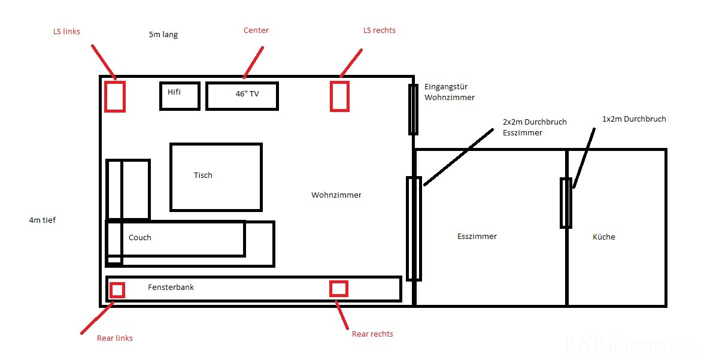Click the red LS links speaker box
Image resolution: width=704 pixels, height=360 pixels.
point(105,96)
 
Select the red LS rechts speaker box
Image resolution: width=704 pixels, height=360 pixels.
point(331,96)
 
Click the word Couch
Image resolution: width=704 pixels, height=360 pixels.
point(140,237)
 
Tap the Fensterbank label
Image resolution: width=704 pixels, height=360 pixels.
point(171,287)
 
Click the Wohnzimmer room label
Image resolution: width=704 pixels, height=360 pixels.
point(336,195)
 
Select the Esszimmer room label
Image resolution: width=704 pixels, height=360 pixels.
point(477,237)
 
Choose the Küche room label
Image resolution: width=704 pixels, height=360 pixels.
point(604,237)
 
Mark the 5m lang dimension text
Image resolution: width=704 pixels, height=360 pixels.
point(163,35)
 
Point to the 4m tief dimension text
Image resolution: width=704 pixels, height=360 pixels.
point(43,220)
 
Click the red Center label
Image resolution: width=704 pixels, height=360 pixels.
point(256,30)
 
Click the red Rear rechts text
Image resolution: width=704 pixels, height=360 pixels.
point(372,334)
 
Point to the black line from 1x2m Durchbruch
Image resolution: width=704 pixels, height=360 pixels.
point(584,158)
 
